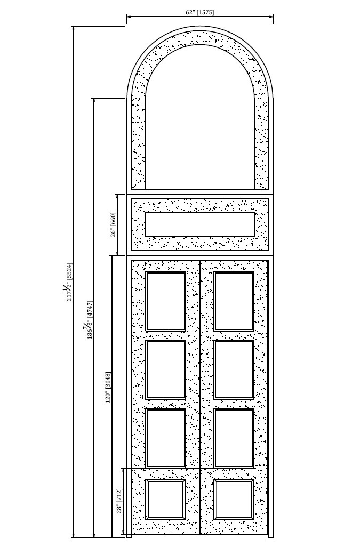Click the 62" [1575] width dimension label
199,12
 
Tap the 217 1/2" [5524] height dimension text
68,281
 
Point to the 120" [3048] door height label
108,387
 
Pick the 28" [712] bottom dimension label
119,501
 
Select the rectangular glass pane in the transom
200,225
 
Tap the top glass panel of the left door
166,301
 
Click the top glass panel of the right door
234,301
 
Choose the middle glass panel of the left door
166,369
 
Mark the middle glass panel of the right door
234,369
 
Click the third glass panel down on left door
166,438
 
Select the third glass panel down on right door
234,438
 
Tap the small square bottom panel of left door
166,500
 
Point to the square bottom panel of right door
234,500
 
